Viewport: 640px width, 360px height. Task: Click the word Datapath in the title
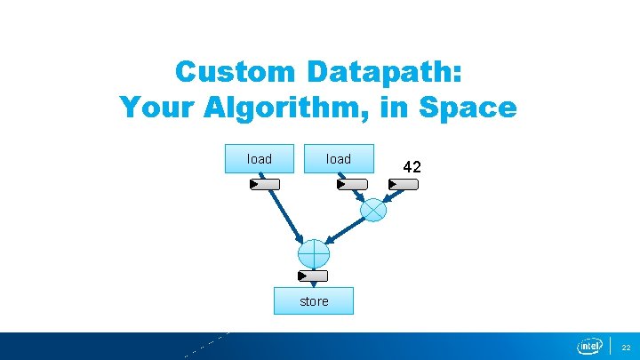[x=384, y=71]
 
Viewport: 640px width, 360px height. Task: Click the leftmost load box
[x=260, y=159]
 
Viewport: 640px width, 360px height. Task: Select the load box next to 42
[x=339, y=159]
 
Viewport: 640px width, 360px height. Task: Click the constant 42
[x=412, y=166]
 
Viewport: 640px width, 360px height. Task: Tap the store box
[x=314, y=301]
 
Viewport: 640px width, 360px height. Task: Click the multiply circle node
[x=374, y=210]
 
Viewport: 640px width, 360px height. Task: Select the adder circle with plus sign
[x=314, y=253]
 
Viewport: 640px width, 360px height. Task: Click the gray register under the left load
[x=265, y=184]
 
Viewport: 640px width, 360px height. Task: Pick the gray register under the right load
[x=352, y=184]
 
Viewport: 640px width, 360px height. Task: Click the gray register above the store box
[x=314, y=276]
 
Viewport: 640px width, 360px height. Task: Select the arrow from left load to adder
[x=286, y=217]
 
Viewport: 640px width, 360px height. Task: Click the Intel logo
[x=589, y=346]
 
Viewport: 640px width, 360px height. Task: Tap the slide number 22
[x=625, y=347]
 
